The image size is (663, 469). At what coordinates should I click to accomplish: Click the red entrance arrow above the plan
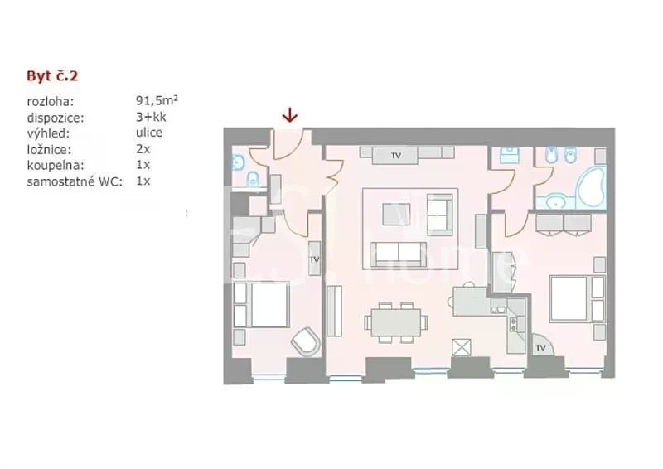point(289,115)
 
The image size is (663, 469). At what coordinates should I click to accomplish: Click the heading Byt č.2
point(52,76)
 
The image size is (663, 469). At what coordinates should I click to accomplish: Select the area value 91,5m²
point(157,100)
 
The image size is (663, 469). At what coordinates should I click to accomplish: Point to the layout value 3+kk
point(151,117)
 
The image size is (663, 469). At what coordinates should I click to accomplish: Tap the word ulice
point(149,133)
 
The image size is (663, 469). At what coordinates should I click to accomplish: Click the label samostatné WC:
point(75,181)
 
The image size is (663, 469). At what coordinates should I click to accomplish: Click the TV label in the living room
point(396,156)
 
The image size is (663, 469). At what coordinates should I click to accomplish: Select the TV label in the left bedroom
point(314,259)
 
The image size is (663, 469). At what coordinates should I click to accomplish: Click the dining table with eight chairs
point(396,322)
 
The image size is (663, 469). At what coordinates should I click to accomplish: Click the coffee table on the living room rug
point(396,215)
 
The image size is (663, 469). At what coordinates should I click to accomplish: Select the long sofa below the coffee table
point(399,255)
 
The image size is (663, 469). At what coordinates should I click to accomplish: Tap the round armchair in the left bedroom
point(306,341)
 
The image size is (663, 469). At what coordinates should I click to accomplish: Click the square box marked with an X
point(462,348)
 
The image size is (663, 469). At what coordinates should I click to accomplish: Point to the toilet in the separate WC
point(253,179)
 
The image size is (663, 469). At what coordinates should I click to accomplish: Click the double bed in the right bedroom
point(577,298)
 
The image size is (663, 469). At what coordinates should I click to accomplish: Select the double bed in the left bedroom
point(261,304)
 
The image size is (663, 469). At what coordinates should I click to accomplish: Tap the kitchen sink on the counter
point(499,309)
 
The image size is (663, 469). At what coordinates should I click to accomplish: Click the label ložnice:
point(49,150)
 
